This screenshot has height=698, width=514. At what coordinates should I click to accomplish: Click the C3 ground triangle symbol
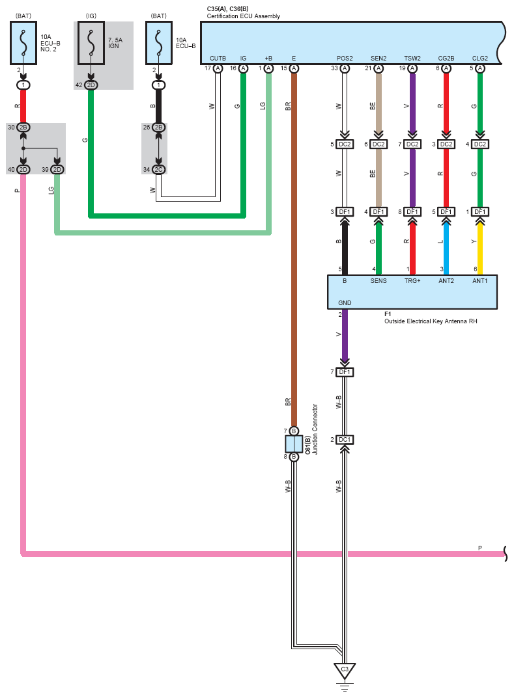pyautogui.click(x=345, y=671)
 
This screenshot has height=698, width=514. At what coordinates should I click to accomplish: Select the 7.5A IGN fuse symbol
pyautogui.click(x=91, y=43)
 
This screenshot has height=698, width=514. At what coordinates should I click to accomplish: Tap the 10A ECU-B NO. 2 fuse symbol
pyautogui.click(x=23, y=43)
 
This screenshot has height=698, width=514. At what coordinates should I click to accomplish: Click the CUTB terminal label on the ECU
pyautogui.click(x=218, y=59)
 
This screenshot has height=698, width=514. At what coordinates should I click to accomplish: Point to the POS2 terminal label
pyautogui.click(x=345, y=59)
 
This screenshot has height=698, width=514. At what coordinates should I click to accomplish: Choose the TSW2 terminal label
pyautogui.click(x=412, y=59)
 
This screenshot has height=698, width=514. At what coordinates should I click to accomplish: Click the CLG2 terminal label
pyautogui.click(x=479, y=59)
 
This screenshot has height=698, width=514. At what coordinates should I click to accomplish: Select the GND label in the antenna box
pyautogui.click(x=345, y=302)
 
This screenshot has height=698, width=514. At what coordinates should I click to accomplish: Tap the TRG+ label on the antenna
pyautogui.click(x=412, y=281)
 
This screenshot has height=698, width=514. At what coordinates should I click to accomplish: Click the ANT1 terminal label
pyautogui.click(x=479, y=281)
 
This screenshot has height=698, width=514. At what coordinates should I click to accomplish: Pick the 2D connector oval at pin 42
pyautogui.click(x=91, y=85)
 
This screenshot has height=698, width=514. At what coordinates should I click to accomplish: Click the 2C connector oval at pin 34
pyautogui.click(x=158, y=170)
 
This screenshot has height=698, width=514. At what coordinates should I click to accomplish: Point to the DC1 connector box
pyautogui.click(x=345, y=440)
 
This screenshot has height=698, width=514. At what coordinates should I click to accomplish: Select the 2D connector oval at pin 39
pyautogui.click(x=57, y=170)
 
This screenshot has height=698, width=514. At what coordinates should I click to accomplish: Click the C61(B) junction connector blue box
pyautogui.click(x=294, y=444)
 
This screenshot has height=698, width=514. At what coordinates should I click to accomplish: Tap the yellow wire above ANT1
pyautogui.click(x=480, y=247)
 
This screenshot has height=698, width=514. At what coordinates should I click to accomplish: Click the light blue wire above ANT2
pyautogui.click(x=446, y=247)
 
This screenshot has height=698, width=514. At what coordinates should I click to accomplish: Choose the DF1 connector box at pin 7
pyautogui.click(x=345, y=372)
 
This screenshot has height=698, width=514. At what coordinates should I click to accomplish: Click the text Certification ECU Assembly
pyautogui.click(x=244, y=16)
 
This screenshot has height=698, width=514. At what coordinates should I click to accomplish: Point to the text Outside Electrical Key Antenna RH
pyautogui.click(x=431, y=321)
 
